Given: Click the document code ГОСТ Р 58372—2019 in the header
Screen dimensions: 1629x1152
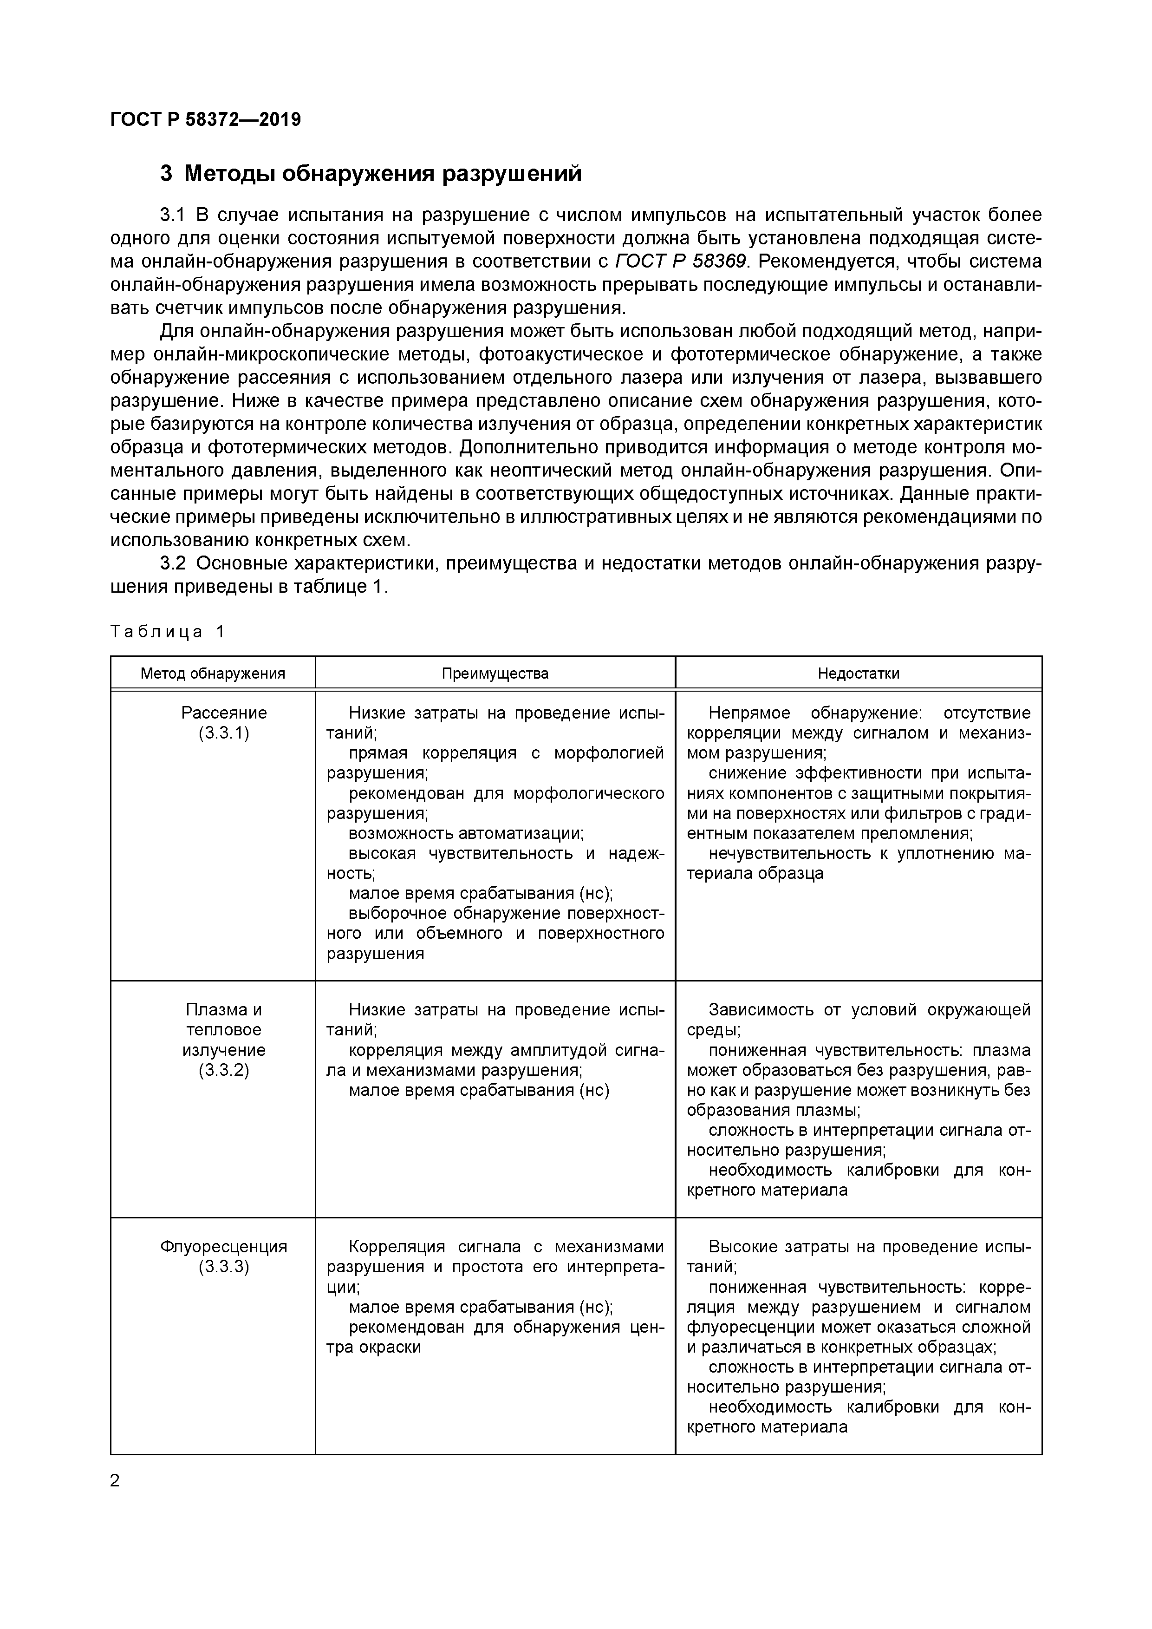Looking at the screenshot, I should [206, 119].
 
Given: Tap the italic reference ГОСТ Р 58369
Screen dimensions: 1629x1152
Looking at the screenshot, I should [680, 261].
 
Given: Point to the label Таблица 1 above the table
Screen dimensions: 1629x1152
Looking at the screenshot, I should [168, 631].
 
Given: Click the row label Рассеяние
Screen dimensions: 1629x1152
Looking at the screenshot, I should [224, 713].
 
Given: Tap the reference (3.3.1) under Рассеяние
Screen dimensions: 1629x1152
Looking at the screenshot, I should [224, 733].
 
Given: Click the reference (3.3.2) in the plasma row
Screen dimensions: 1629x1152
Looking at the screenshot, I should [224, 1070].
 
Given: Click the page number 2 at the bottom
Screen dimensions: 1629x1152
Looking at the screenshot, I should [116, 1480].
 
